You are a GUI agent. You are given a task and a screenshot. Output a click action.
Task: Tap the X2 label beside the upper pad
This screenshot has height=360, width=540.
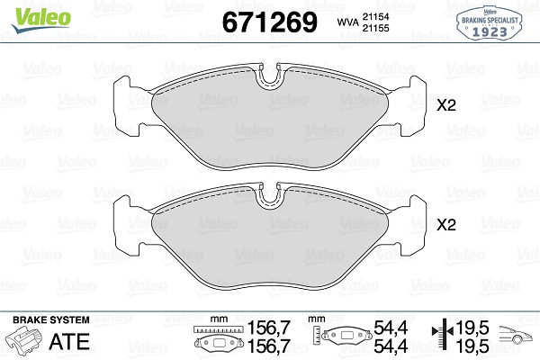(446, 105)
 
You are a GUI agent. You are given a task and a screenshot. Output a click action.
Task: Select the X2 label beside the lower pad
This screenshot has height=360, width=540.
(446, 224)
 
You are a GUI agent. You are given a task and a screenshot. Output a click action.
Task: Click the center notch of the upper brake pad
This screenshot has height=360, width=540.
(269, 78)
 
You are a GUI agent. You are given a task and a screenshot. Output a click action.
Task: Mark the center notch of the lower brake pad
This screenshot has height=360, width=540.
(269, 198)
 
